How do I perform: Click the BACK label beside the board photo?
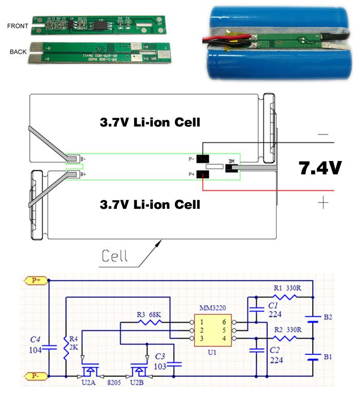pyautogui.click(x=18, y=52)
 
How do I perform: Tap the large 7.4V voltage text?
pyautogui.click(x=320, y=168)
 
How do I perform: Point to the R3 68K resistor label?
pyautogui.click(x=148, y=313)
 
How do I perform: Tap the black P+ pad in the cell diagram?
pyautogui.click(x=204, y=176)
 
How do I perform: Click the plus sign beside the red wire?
pyautogui.click(x=322, y=203)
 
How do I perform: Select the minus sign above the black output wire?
pyautogui.click(x=322, y=134)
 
